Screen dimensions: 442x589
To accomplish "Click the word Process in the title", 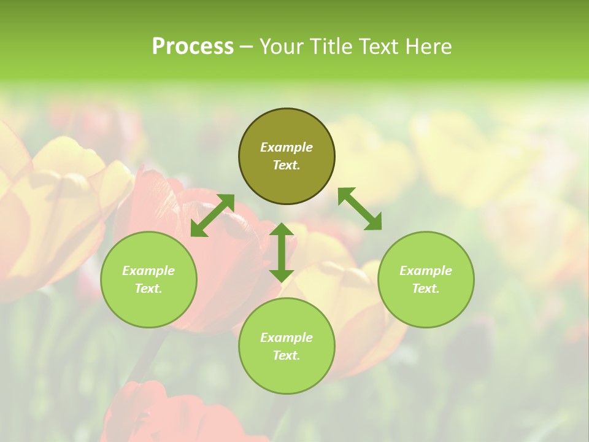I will coord(193,47).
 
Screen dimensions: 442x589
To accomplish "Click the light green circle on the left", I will coord(148,279).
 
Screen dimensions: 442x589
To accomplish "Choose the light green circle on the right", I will coord(426,279).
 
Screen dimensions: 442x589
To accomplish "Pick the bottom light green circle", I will coord(287,346).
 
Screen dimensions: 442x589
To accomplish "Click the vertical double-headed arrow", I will coord(282,252).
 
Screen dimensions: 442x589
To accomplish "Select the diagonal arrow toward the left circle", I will coord(212,215).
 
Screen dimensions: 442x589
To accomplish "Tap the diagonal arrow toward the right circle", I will coord(360,209).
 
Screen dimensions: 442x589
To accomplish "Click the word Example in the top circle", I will coord(287,147).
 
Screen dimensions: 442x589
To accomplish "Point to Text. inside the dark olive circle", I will coord(287,165).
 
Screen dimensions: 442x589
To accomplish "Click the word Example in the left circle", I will coord(148,271).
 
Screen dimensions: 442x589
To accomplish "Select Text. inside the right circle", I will coord(426,289).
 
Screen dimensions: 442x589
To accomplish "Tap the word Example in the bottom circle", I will coord(287,338).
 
